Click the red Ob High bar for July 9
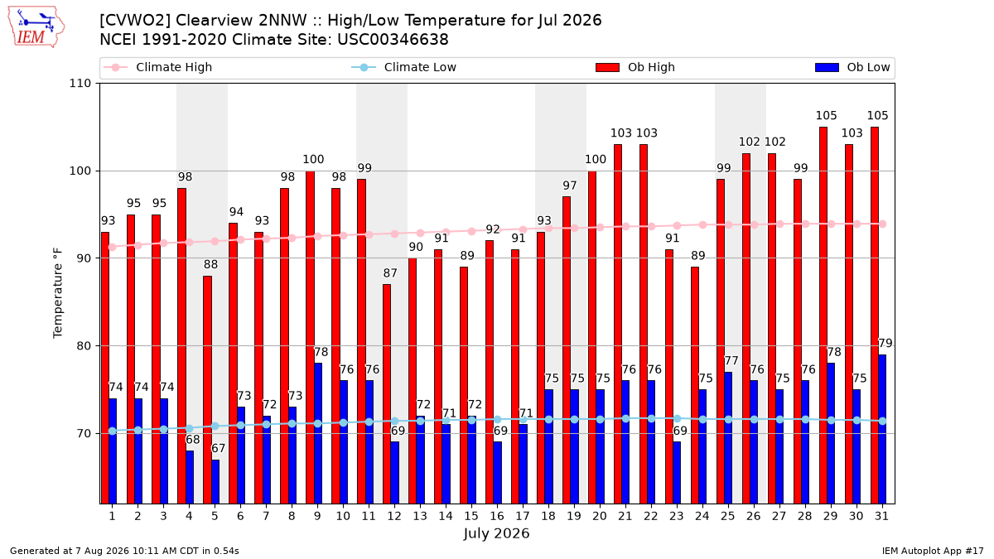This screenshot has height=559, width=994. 310,337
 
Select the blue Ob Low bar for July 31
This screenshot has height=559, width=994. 881,429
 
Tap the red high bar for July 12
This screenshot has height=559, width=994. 387,394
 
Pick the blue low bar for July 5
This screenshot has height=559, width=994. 215,482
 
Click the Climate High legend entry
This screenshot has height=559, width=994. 158,67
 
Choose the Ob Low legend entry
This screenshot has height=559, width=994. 852,67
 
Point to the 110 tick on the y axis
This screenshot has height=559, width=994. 80,84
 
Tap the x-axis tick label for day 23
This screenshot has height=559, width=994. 676,516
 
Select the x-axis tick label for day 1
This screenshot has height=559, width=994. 113,516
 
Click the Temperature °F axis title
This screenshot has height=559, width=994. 58,293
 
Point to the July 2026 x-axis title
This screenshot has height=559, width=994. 496,533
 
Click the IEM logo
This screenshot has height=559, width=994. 36,27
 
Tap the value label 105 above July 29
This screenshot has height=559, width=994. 827,116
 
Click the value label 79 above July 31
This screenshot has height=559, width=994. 885,344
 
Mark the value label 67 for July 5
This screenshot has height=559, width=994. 219,449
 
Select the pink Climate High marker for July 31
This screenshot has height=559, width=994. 883,224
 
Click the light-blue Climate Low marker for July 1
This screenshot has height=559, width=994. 113,431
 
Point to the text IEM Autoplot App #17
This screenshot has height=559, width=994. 933,551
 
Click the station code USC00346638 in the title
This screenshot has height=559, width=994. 393,40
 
